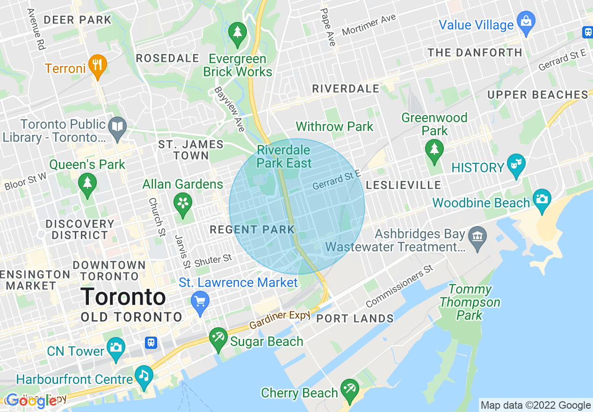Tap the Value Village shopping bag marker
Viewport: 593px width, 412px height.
click(526, 22)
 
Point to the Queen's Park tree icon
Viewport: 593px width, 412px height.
click(87, 184)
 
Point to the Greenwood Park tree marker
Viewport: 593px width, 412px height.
click(434, 150)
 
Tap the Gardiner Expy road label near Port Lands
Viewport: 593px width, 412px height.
click(280, 320)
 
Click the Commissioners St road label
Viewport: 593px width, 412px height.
click(400, 286)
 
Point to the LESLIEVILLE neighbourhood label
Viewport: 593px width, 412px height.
click(403, 185)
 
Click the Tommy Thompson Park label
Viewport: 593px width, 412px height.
click(470, 302)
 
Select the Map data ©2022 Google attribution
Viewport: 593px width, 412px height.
click(535, 405)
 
